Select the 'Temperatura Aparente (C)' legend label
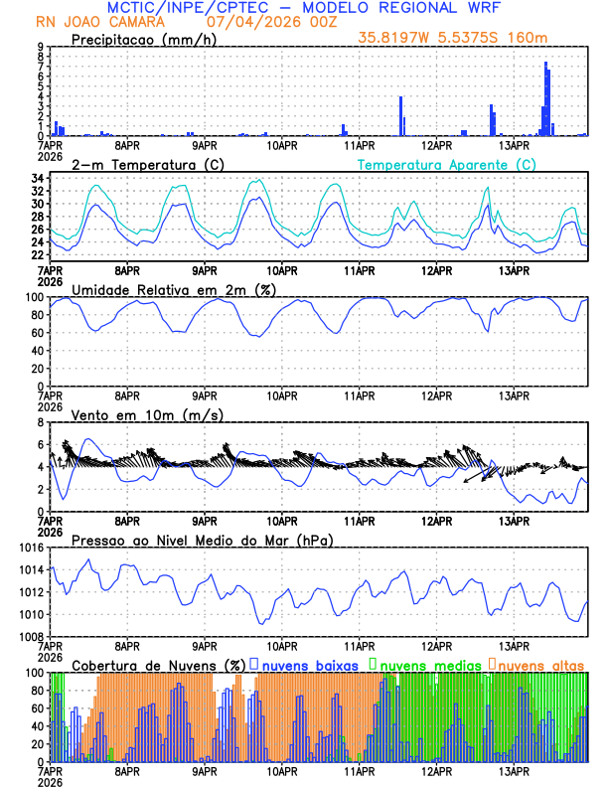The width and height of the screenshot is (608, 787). [440, 164]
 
